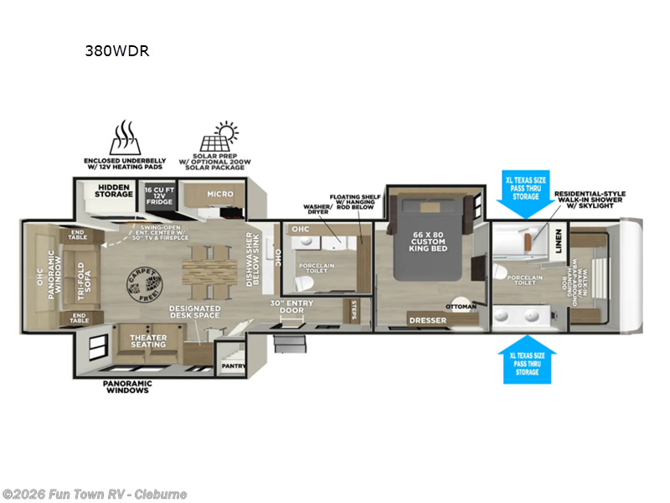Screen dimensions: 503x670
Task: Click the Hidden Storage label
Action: [x=115, y=190]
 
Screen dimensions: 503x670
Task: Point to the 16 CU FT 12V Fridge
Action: [x=159, y=194]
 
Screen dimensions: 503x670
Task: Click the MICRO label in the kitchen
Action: [x=220, y=194]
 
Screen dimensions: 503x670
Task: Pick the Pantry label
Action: [x=232, y=366]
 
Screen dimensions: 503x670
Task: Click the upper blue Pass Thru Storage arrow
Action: [x=526, y=194]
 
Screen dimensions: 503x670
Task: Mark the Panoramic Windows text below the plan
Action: [x=126, y=387]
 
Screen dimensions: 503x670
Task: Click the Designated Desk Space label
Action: [x=193, y=312]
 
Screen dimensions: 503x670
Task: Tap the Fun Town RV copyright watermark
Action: [x=95, y=495]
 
